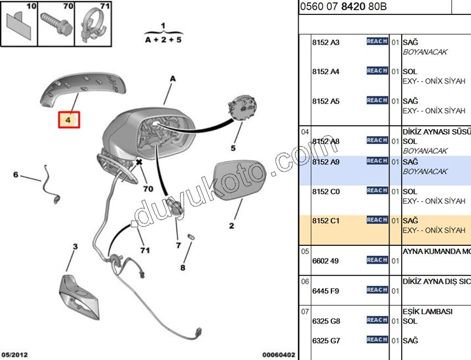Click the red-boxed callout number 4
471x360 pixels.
pyautogui.click(x=69, y=120)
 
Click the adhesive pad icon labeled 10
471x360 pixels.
pyautogui.click(x=19, y=25)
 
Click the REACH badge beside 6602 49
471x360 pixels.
pyautogui.click(x=377, y=260)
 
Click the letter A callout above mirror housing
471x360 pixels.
pyautogui.click(x=172, y=79)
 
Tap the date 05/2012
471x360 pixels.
pyautogui.click(x=15, y=354)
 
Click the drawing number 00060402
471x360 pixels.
pyautogui.click(x=279, y=354)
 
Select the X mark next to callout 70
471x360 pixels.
pyautogui.click(x=139, y=162)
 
